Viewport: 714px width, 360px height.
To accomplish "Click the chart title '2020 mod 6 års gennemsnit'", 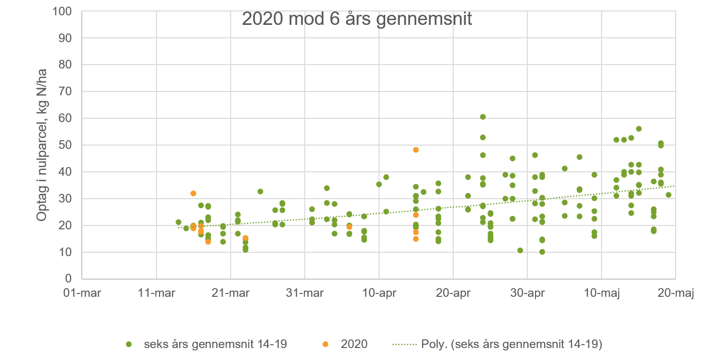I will (357, 19).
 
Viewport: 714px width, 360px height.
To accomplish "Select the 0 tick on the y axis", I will (69, 279).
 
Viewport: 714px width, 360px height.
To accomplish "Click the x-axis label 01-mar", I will (82, 292).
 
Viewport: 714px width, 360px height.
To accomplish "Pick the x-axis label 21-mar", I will (231, 292).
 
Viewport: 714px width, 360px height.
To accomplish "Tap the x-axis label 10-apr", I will (379, 292).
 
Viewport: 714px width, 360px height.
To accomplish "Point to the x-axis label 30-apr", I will (527, 292).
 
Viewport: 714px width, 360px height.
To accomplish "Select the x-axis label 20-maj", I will (676, 292).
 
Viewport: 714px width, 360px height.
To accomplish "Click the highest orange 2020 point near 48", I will (416, 150).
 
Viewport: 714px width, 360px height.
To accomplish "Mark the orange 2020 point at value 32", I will (193, 193).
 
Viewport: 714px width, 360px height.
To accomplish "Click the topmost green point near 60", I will (483, 117).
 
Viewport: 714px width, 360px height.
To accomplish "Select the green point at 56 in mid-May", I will (639, 129).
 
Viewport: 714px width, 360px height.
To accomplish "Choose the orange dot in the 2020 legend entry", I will (325, 344).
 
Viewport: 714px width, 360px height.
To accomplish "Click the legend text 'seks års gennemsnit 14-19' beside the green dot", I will (215, 344).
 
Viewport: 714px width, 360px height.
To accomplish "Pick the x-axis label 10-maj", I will (602, 292).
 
